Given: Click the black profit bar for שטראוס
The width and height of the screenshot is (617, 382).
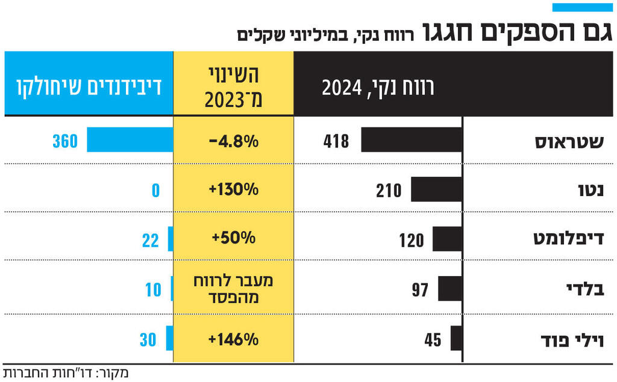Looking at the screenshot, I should point(412,140).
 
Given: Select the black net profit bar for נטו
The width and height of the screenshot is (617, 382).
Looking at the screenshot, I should point(437,189).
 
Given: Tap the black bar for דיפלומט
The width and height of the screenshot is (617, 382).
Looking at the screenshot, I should point(447,238).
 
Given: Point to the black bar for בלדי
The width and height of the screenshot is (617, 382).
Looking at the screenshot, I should point(450,288).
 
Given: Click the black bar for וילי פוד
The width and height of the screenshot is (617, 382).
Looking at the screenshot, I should point(456,339).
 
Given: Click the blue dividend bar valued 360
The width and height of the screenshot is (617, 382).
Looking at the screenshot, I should point(129,140).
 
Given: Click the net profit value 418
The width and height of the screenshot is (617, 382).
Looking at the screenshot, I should point(336,142).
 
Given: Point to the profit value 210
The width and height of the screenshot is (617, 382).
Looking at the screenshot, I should point(389,191).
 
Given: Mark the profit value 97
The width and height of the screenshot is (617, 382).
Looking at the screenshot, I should point(420,290).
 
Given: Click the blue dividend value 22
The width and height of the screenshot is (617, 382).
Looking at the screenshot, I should point(151,240).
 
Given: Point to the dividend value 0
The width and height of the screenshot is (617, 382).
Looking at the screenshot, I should point(155,191).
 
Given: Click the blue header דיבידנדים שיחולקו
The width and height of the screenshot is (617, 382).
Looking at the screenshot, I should point(88,84).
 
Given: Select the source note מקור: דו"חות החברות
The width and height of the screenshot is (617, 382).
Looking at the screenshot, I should point(66,372).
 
